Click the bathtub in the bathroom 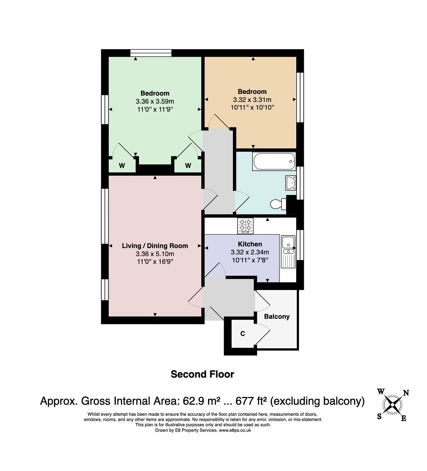pyautogui.click(x=274, y=161)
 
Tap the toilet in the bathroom pyautogui.click(x=278, y=204)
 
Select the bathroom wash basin pyautogui.click(x=290, y=183)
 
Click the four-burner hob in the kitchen pyautogui.click(x=245, y=226)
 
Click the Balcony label pyautogui.click(x=277, y=317)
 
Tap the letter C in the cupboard pyautogui.click(x=243, y=333)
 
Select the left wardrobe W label pyautogui.click(x=122, y=166)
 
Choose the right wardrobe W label pyautogui.click(x=188, y=166)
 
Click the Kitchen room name pyautogui.click(x=250, y=244)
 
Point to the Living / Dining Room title pyautogui.click(x=155, y=246)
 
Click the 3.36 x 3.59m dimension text pyautogui.click(x=155, y=101)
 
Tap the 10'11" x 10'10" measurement pyautogui.click(x=252, y=107)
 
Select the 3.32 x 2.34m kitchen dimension pyautogui.click(x=250, y=252)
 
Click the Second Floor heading pyautogui.click(x=202, y=374)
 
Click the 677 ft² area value pyautogui.click(x=251, y=401)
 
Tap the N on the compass pyautogui.click(x=406, y=392)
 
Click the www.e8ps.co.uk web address pyautogui.click(x=235, y=430)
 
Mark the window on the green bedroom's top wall pyautogui.click(x=151, y=53)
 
